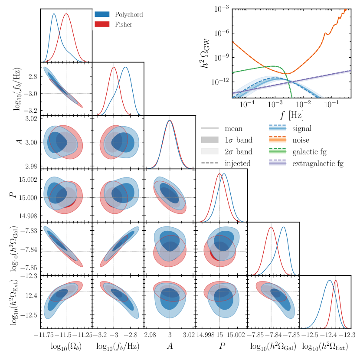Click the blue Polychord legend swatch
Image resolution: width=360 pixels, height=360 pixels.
(103, 14)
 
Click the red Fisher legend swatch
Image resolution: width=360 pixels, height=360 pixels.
(103, 25)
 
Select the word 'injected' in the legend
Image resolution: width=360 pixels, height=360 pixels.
(237, 163)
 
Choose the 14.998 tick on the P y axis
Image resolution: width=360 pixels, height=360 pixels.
(27, 216)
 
